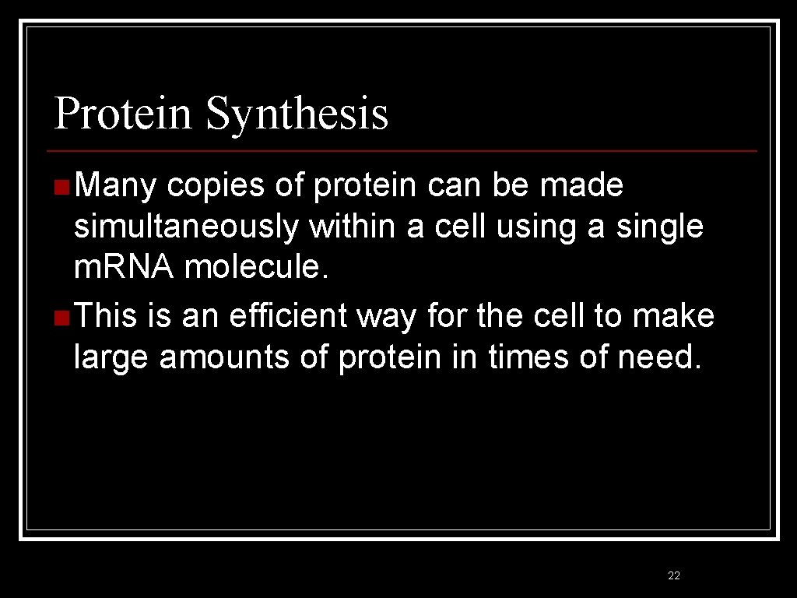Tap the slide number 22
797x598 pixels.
pos(674,575)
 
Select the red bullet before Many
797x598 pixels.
pos(61,187)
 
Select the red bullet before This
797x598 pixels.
pos(61,318)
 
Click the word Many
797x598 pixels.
pos(116,187)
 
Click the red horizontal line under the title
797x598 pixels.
pos(401,150)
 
